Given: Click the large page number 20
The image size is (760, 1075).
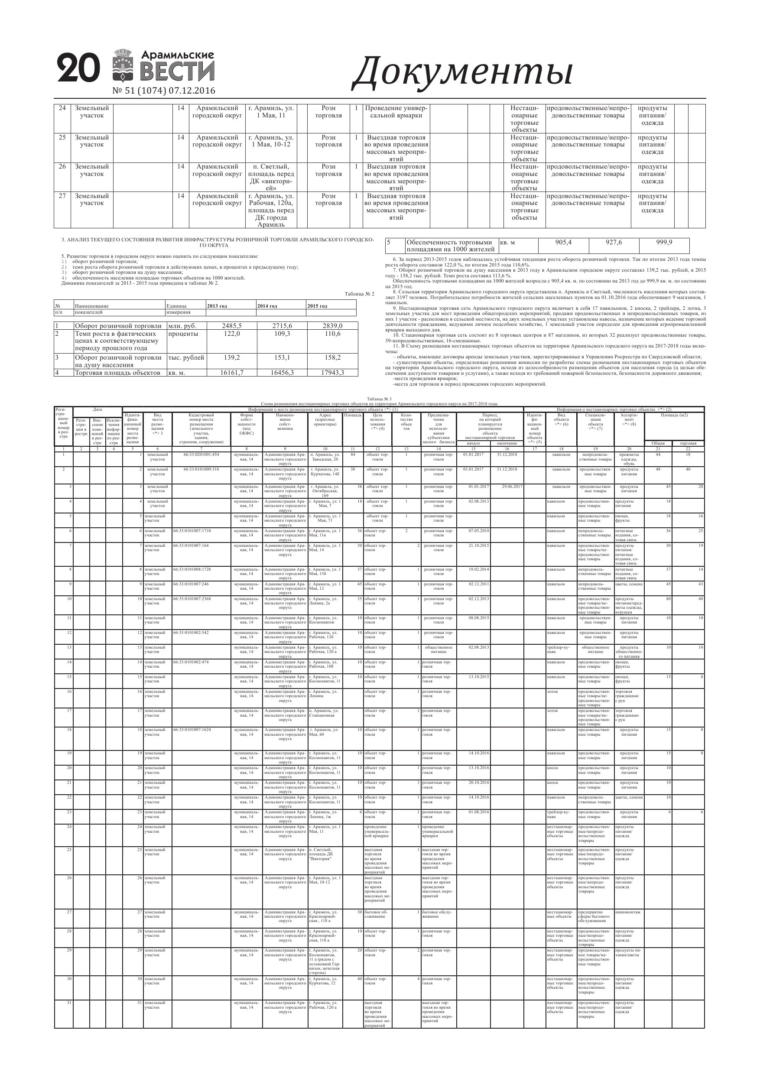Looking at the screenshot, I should pyautogui.click(x=79, y=68).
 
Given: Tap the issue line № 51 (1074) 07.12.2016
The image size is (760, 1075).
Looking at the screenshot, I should pyautogui.click(x=164, y=91).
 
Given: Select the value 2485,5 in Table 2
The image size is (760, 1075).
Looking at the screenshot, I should pyautogui.click(x=232, y=326).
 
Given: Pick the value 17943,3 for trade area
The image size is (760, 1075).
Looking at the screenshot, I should pyautogui.click(x=332, y=373).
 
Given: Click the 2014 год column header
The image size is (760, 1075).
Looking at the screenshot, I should pyautogui.click(x=267, y=306).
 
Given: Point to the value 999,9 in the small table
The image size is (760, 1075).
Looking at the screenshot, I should pyautogui.click(x=663, y=243).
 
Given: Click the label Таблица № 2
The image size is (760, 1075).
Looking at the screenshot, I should pyautogui.click(x=359, y=294).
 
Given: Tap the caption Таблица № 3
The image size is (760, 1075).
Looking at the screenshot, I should pyautogui.click(x=379, y=399).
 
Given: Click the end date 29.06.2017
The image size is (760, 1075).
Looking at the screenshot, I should pyautogui.click(x=512, y=487).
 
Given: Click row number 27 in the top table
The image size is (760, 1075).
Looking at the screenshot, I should pyautogui.click(x=62, y=196).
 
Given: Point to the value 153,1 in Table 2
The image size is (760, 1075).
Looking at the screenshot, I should pyautogui.click(x=282, y=358).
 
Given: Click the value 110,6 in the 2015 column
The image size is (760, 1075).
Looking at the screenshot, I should pyautogui.click(x=332, y=334).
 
